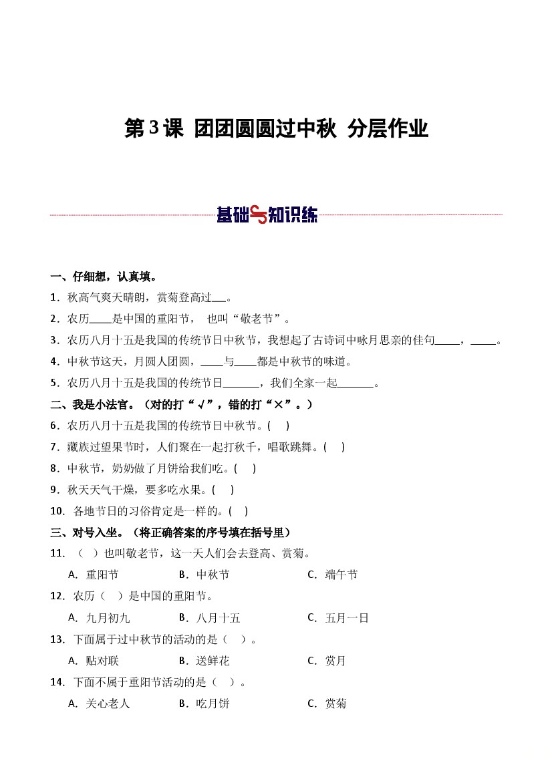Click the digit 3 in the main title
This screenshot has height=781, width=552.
point(154,128)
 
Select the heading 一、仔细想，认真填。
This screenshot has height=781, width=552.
point(104,277)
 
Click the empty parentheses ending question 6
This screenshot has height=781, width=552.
point(278,426)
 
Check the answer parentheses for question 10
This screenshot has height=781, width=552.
point(238,511)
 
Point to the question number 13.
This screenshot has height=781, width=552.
point(57,639)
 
